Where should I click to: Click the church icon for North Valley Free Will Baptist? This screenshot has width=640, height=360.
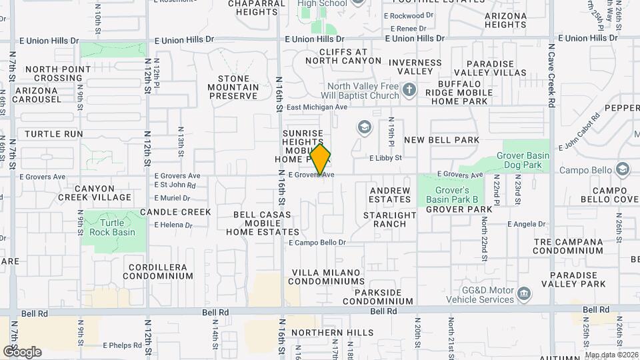pyautogui.click(x=409, y=89)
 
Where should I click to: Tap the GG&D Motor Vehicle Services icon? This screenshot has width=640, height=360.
pyautogui.click(x=525, y=293)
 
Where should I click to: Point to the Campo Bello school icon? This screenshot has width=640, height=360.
pyautogui.click(x=623, y=169)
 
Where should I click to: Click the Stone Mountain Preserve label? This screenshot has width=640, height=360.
pyautogui.click(x=233, y=87)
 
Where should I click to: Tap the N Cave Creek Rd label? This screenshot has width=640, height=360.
pyautogui.click(x=551, y=76)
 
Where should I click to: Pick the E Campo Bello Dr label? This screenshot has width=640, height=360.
pyautogui.click(x=317, y=243)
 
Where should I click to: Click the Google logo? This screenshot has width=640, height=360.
pyautogui.click(x=21, y=351)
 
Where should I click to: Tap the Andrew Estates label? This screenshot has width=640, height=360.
pyautogui.click(x=390, y=195)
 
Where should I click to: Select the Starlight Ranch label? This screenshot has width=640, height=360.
pyautogui.click(x=390, y=219)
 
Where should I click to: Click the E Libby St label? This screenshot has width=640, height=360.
pyautogui.click(x=386, y=158)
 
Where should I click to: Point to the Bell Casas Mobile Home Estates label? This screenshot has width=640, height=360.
pyautogui.click(x=262, y=223)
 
